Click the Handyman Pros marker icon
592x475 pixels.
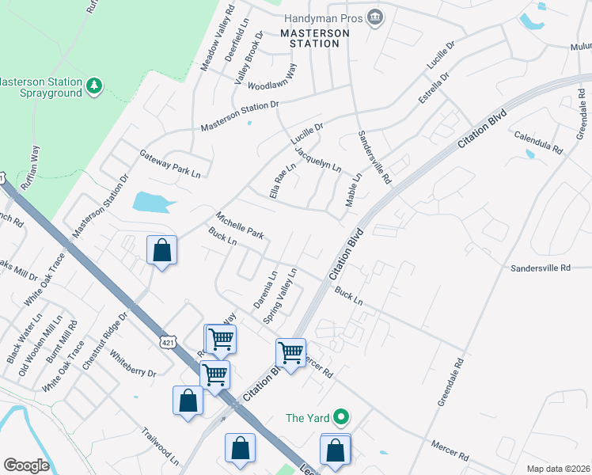click(376, 17)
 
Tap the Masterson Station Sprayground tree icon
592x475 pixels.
click(94, 85)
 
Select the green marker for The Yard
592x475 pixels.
click(341, 416)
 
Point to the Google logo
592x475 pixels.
click(26, 465)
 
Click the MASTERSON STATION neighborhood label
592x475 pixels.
click(315, 38)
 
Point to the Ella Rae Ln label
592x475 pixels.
click(281, 180)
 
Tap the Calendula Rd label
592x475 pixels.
click(538, 142)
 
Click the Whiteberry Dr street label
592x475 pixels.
click(133, 363)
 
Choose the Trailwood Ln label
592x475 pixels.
click(161, 446)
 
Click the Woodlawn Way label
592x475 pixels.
click(271, 78)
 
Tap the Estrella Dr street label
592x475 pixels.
click(433, 89)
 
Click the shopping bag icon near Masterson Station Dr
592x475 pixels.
click(161, 250)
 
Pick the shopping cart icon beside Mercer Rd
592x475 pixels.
click(291, 352)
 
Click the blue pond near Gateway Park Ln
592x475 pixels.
click(154, 203)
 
